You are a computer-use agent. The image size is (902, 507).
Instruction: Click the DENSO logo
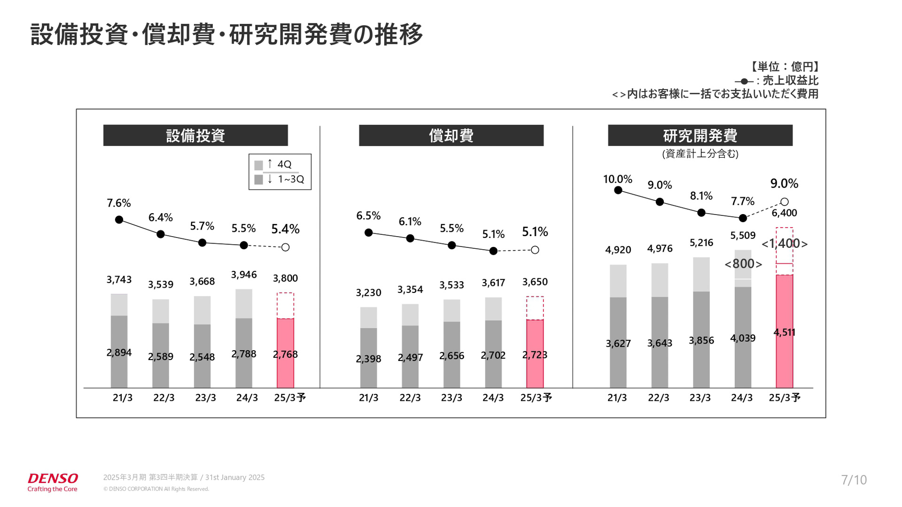pyautogui.click(x=53, y=482)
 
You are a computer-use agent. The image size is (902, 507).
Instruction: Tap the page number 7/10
pyautogui.click(x=854, y=480)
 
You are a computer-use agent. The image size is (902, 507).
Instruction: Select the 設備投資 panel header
pyautogui.click(x=195, y=136)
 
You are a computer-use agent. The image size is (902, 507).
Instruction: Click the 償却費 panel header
pyautogui.click(x=451, y=136)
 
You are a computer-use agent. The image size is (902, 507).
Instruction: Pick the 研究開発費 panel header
pyautogui.click(x=700, y=136)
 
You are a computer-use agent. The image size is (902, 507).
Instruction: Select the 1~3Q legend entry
pyautogui.click(x=279, y=179)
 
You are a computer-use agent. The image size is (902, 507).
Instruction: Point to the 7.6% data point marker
pyautogui.click(x=119, y=220)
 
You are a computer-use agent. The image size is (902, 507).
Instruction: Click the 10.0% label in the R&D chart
pyautogui.click(x=618, y=179)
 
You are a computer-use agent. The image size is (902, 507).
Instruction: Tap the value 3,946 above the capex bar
pyautogui.click(x=244, y=275)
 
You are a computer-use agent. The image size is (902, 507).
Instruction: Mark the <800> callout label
pyautogui.click(x=743, y=264)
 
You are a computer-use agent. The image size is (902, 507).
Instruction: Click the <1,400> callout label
pyautogui.click(x=784, y=244)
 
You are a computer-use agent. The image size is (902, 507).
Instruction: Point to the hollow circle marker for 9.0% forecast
pyautogui.click(x=784, y=202)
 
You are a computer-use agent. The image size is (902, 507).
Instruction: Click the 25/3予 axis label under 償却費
pyautogui.click(x=536, y=398)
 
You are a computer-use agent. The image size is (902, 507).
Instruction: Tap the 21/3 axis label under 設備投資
pyautogui.click(x=123, y=398)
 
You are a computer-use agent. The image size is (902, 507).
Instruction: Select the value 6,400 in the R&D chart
pyautogui.click(x=784, y=213)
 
